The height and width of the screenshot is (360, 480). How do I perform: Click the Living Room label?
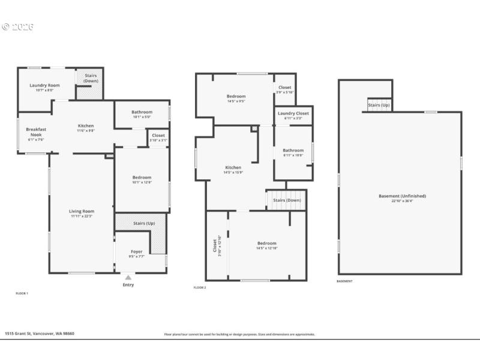(x=82, y=211)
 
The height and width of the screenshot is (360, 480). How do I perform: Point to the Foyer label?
(x=137, y=252)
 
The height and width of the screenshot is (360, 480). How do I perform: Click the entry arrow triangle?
(x=128, y=278)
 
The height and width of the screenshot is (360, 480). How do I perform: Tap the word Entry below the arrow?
(x=128, y=285)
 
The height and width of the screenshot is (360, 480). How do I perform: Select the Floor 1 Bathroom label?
(x=142, y=112)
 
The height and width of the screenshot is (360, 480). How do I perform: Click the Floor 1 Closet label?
(x=158, y=136)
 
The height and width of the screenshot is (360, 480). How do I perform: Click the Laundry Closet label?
(x=293, y=113)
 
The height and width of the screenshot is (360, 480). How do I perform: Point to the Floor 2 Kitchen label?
(x=233, y=167)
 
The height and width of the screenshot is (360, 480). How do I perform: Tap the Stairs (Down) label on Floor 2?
(x=287, y=200)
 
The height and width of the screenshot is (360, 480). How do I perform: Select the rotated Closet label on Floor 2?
(x=214, y=246)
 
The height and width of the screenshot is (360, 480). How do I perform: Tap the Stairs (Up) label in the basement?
(x=379, y=106)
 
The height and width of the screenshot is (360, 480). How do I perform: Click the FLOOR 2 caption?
(x=200, y=288)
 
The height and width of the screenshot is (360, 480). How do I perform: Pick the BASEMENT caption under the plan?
(x=344, y=281)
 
